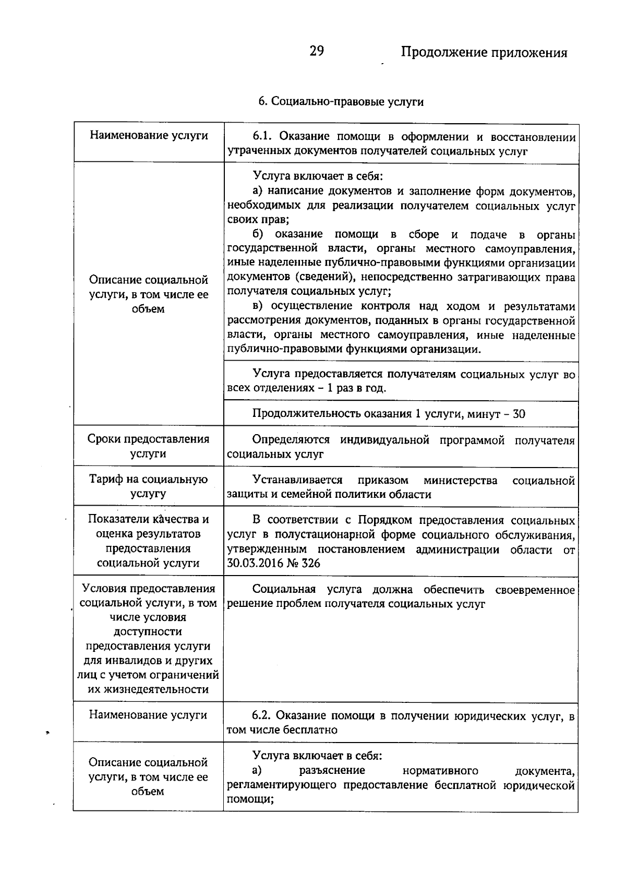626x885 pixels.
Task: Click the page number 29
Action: click(x=317, y=51)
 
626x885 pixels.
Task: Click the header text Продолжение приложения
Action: click(x=484, y=53)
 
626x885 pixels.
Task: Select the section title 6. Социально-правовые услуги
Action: click(x=341, y=101)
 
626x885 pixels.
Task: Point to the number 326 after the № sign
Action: click(x=311, y=564)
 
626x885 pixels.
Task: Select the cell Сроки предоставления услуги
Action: click(x=148, y=446)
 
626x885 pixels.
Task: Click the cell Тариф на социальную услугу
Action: click(x=148, y=486)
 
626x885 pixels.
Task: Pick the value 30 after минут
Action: click(x=519, y=414)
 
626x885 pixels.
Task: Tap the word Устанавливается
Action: click(x=297, y=480)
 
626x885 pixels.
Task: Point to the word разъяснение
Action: click(x=332, y=771)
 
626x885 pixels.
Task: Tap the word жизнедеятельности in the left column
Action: click(x=148, y=690)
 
